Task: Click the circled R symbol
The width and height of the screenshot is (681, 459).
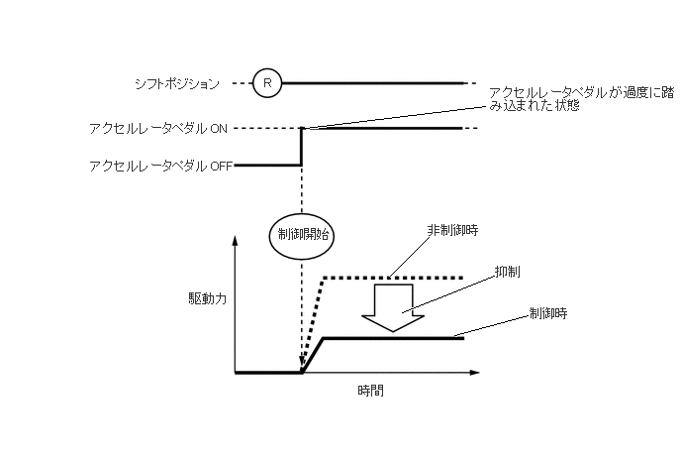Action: (266, 83)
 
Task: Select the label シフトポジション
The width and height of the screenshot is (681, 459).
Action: (176, 84)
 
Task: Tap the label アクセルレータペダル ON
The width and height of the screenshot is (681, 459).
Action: (158, 129)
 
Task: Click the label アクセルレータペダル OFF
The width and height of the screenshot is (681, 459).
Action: (159, 167)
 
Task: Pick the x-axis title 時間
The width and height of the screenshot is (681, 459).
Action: (371, 391)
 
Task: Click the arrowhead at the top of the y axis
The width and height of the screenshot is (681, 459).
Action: (236, 240)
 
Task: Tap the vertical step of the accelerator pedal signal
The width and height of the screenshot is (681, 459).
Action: (300, 147)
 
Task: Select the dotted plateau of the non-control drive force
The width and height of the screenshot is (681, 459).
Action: (396, 278)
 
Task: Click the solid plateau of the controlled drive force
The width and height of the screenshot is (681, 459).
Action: (396, 338)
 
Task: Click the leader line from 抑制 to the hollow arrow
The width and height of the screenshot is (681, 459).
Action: (450, 294)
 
